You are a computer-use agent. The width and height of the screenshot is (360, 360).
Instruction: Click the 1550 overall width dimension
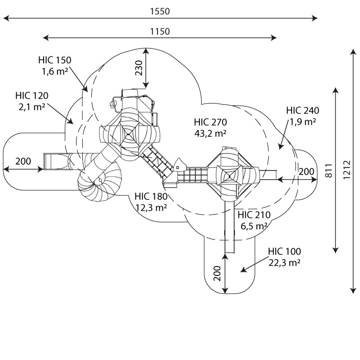(160, 11)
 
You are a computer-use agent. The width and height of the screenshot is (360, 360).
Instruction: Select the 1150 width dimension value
(160, 31)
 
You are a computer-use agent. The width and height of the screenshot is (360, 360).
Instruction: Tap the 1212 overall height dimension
(347, 170)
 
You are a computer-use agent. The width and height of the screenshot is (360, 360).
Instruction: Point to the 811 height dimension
(329, 171)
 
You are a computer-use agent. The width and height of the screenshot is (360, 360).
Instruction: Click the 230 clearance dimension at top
(139, 68)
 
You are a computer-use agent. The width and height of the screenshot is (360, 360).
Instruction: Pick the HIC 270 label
(210, 122)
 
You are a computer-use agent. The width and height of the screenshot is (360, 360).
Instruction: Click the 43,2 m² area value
(210, 133)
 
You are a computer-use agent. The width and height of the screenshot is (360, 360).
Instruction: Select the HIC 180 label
(151, 197)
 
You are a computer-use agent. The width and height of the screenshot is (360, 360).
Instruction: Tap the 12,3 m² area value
(151, 208)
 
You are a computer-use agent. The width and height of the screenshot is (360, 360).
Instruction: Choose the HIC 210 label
(254, 215)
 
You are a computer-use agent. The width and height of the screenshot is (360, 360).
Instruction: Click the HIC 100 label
(284, 252)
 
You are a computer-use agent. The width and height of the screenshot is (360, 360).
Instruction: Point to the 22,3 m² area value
(284, 263)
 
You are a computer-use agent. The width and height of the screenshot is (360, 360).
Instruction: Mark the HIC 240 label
(302, 111)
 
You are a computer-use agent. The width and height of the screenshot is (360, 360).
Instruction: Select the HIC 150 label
(55, 60)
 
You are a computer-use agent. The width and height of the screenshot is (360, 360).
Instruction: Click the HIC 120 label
(32, 96)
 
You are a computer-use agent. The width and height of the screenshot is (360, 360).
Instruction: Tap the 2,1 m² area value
(32, 107)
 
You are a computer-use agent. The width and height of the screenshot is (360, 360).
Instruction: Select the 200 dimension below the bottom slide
(217, 274)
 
